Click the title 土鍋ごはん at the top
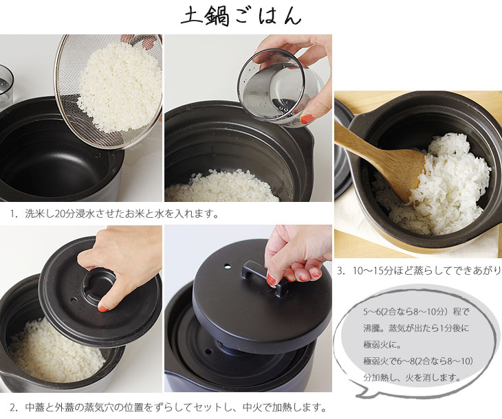coord(241,16)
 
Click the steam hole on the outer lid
coord(228,266)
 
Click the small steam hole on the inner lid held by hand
coord(74,301)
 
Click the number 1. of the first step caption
coord(14,214)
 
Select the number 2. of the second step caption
coord(14,407)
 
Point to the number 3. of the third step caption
coord(341,271)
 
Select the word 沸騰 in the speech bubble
coord(371,328)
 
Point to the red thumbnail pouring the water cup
coord(306,119)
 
